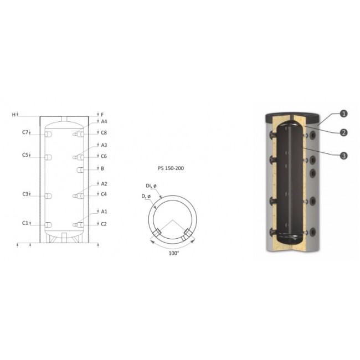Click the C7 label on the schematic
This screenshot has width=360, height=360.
pos(25,132)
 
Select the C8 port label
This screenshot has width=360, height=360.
pos(104,133)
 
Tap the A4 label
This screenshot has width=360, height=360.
pos(104,121)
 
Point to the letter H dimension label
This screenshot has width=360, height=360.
pos(13,115)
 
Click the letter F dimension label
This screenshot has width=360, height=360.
pos(102,115)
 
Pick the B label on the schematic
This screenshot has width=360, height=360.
pos(102,168)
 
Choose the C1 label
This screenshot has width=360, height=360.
pos(25,223)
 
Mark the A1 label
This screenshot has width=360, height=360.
pos(104,212)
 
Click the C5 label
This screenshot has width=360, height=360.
pos(25,155)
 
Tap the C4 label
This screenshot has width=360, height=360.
pos(104,194)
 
